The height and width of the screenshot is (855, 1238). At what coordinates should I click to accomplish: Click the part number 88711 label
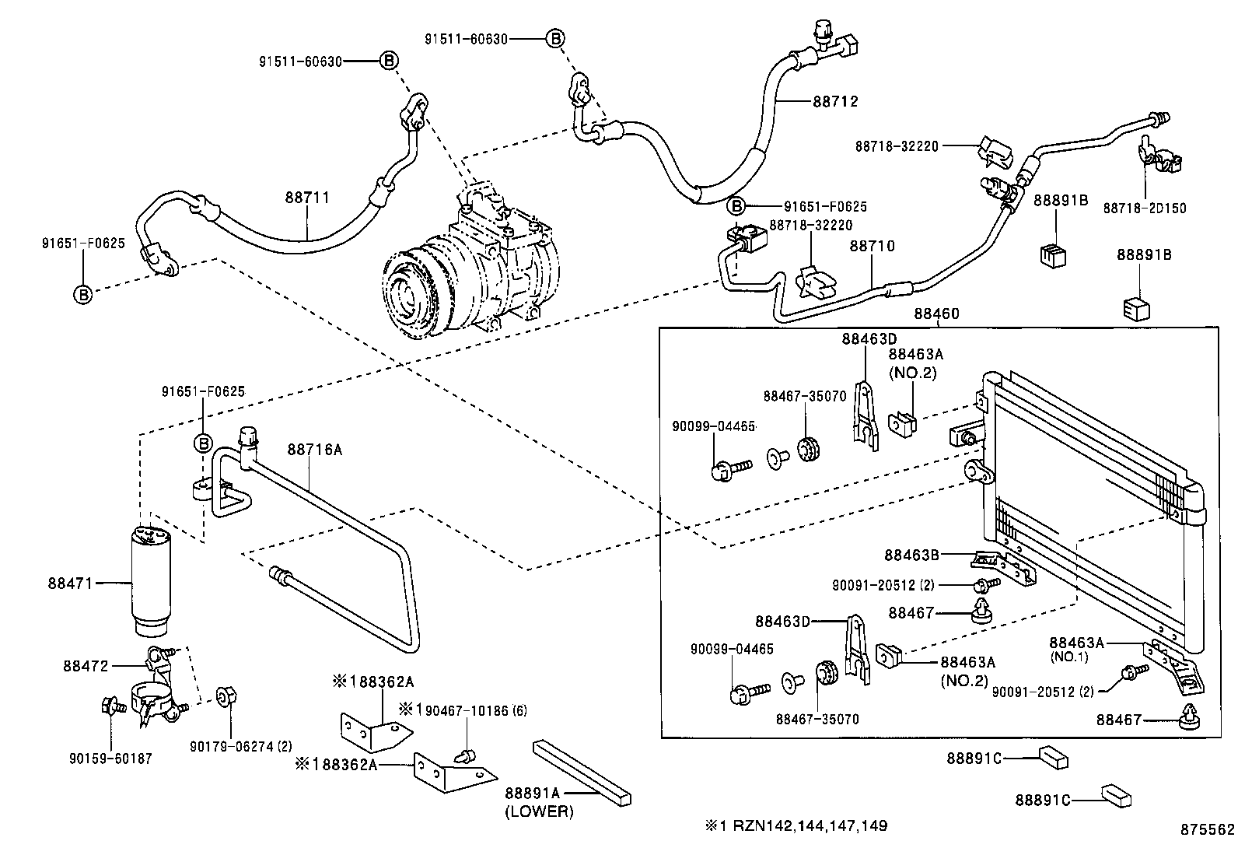coord(307,198)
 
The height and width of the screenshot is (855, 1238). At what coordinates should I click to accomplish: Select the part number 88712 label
coord(835,101)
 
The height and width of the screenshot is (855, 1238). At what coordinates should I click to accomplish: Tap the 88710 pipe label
coord(872,246)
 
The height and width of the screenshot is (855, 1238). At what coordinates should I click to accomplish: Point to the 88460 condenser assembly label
coord(936,314)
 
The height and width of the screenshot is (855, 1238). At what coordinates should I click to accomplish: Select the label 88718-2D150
coord(1145,208)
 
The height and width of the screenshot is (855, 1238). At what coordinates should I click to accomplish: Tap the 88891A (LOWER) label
coord(539,802)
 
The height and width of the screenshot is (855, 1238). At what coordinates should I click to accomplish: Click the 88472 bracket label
coord(86,666)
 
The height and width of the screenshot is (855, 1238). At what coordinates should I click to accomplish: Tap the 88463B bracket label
coord(911,555)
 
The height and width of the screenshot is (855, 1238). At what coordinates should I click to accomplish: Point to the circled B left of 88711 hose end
coord(82,294)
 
